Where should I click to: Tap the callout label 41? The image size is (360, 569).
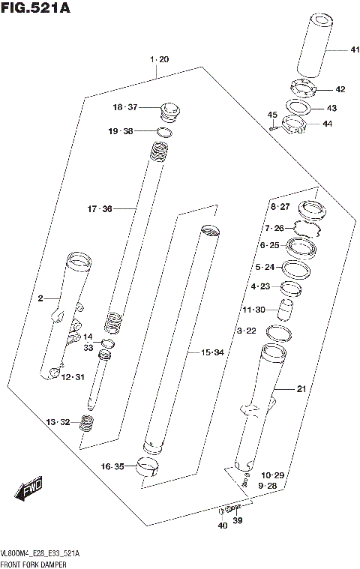pos(334,50)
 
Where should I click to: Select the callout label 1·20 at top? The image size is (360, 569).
pos(158,59)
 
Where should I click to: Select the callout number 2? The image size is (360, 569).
pos(41,299)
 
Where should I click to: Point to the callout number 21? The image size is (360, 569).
pos(301,388)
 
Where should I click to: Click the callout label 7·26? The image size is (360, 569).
pos(274,228)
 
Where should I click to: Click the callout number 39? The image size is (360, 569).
pos(237,520)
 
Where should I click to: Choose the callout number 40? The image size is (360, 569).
pos(223,526)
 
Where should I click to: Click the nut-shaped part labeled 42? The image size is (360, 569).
pos(304,88)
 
